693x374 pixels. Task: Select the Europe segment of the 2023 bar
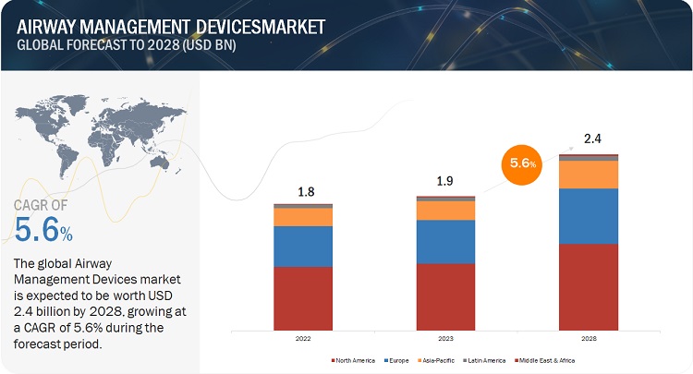coord(446,242)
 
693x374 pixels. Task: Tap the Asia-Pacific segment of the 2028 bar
coord(589,175)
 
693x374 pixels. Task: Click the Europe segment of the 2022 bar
coord(303,247)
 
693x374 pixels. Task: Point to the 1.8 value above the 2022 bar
coord(303,191)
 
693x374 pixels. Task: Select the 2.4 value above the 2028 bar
coord(590,140)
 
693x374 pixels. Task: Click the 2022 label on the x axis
coord(303,339)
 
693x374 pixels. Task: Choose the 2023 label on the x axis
coord(446,339)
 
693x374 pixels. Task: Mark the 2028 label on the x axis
coord(589,339)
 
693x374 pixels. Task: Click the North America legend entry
coord(354,359)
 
